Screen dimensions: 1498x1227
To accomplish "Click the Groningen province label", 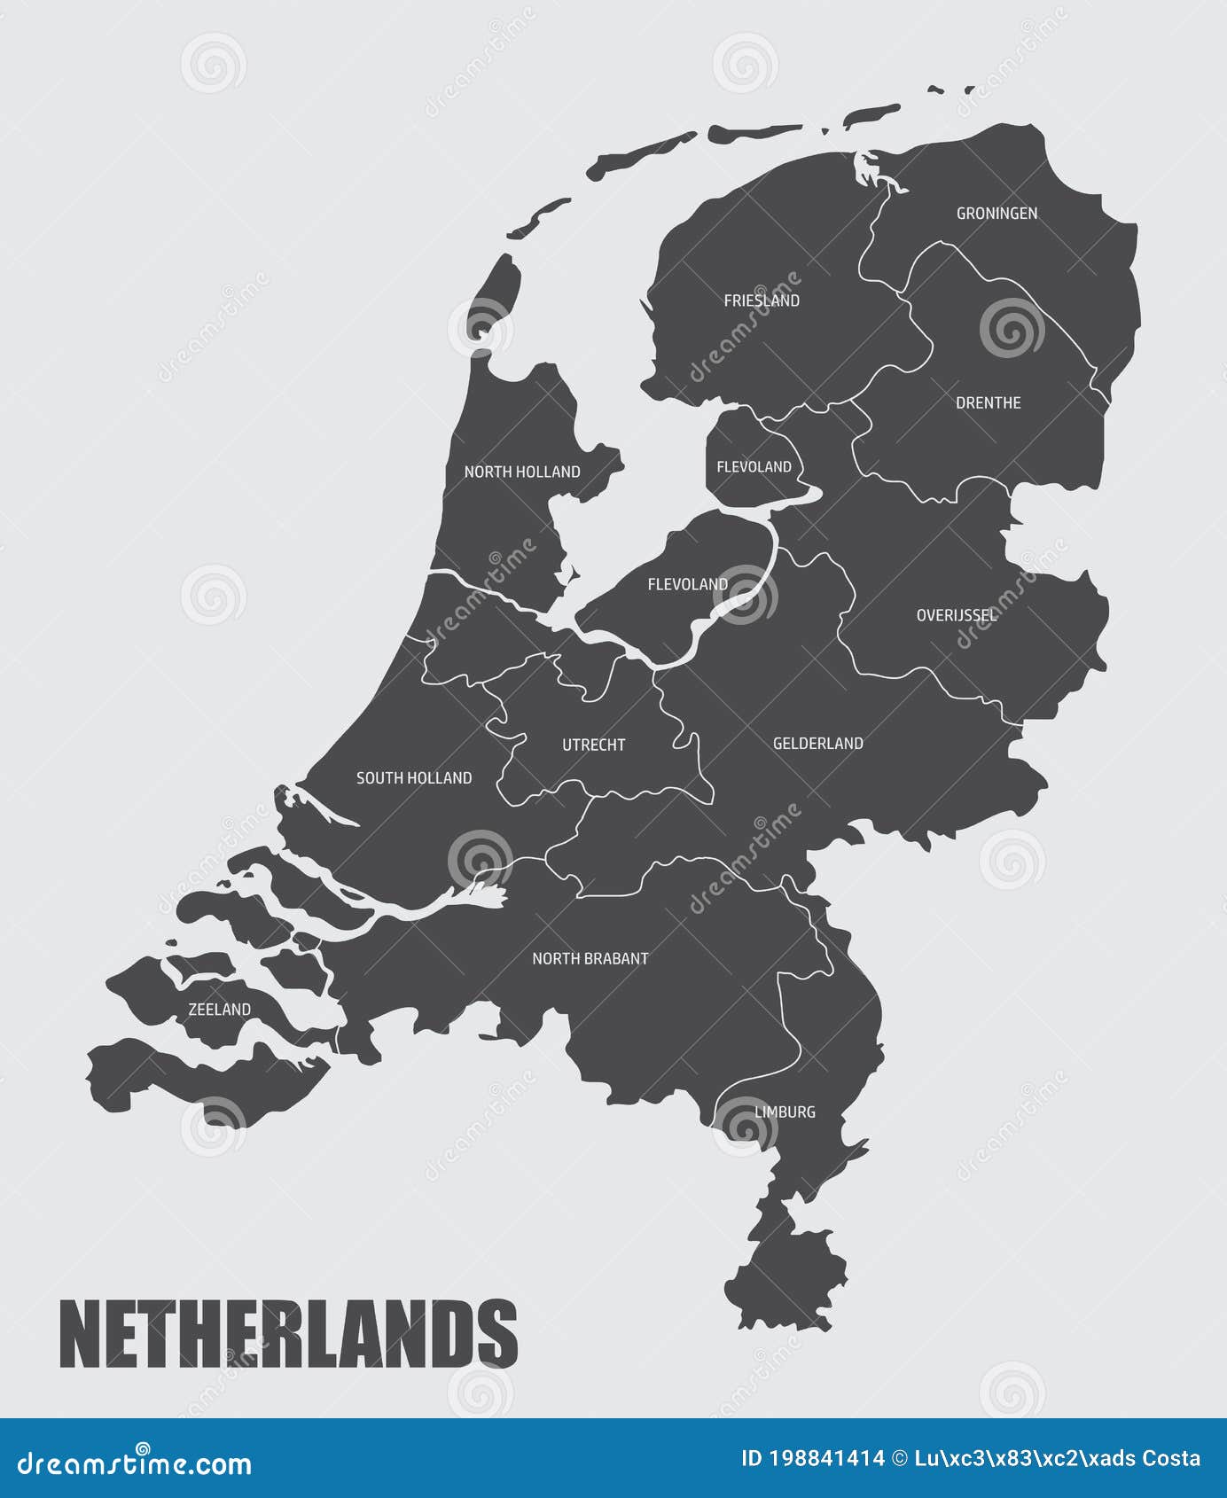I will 996,214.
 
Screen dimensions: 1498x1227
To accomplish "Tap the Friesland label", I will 762,301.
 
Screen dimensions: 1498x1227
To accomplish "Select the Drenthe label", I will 988,403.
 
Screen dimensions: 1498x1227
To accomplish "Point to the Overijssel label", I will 956,615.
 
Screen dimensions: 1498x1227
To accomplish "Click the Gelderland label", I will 817,744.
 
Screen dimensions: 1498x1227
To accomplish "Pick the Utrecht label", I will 593,745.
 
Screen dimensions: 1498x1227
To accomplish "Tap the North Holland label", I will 522,472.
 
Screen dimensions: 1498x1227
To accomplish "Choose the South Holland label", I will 414,778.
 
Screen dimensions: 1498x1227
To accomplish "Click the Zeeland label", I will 219,1010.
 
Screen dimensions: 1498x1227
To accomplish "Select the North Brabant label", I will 590,959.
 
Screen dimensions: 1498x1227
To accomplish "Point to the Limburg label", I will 785,1112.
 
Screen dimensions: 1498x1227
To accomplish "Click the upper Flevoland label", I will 754,467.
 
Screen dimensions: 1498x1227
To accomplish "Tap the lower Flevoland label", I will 687,585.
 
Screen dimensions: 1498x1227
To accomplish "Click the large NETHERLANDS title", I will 288,1334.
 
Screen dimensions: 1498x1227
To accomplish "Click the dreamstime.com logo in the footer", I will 135,1463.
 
